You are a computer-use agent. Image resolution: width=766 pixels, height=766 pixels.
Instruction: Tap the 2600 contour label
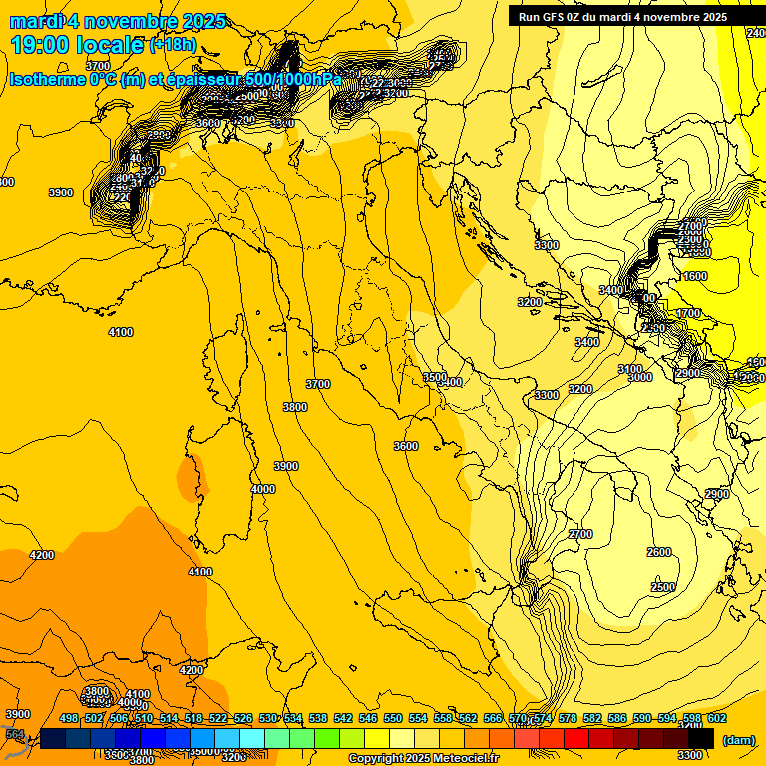point(659,552)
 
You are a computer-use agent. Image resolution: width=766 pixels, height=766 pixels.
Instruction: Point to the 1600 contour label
point(695,276)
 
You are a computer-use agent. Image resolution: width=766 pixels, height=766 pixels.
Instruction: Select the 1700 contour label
point(689,313)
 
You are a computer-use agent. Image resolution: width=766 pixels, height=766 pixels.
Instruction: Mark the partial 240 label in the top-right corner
point(756,33)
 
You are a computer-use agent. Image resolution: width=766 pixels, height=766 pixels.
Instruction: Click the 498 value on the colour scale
point(69,718)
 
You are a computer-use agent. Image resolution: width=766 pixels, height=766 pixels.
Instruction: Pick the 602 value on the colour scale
point(717,718)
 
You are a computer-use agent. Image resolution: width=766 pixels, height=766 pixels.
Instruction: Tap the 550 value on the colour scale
point(393,718)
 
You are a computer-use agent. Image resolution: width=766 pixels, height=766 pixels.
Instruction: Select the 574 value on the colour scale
point(543,718)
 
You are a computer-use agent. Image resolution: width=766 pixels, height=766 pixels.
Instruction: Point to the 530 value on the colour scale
point(268,718)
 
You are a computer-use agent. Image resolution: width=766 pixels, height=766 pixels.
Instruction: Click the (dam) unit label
point(737,739)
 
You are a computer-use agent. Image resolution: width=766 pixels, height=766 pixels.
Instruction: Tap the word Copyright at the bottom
point(375,759)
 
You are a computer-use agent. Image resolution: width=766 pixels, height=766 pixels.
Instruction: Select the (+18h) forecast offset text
point(173,45)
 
